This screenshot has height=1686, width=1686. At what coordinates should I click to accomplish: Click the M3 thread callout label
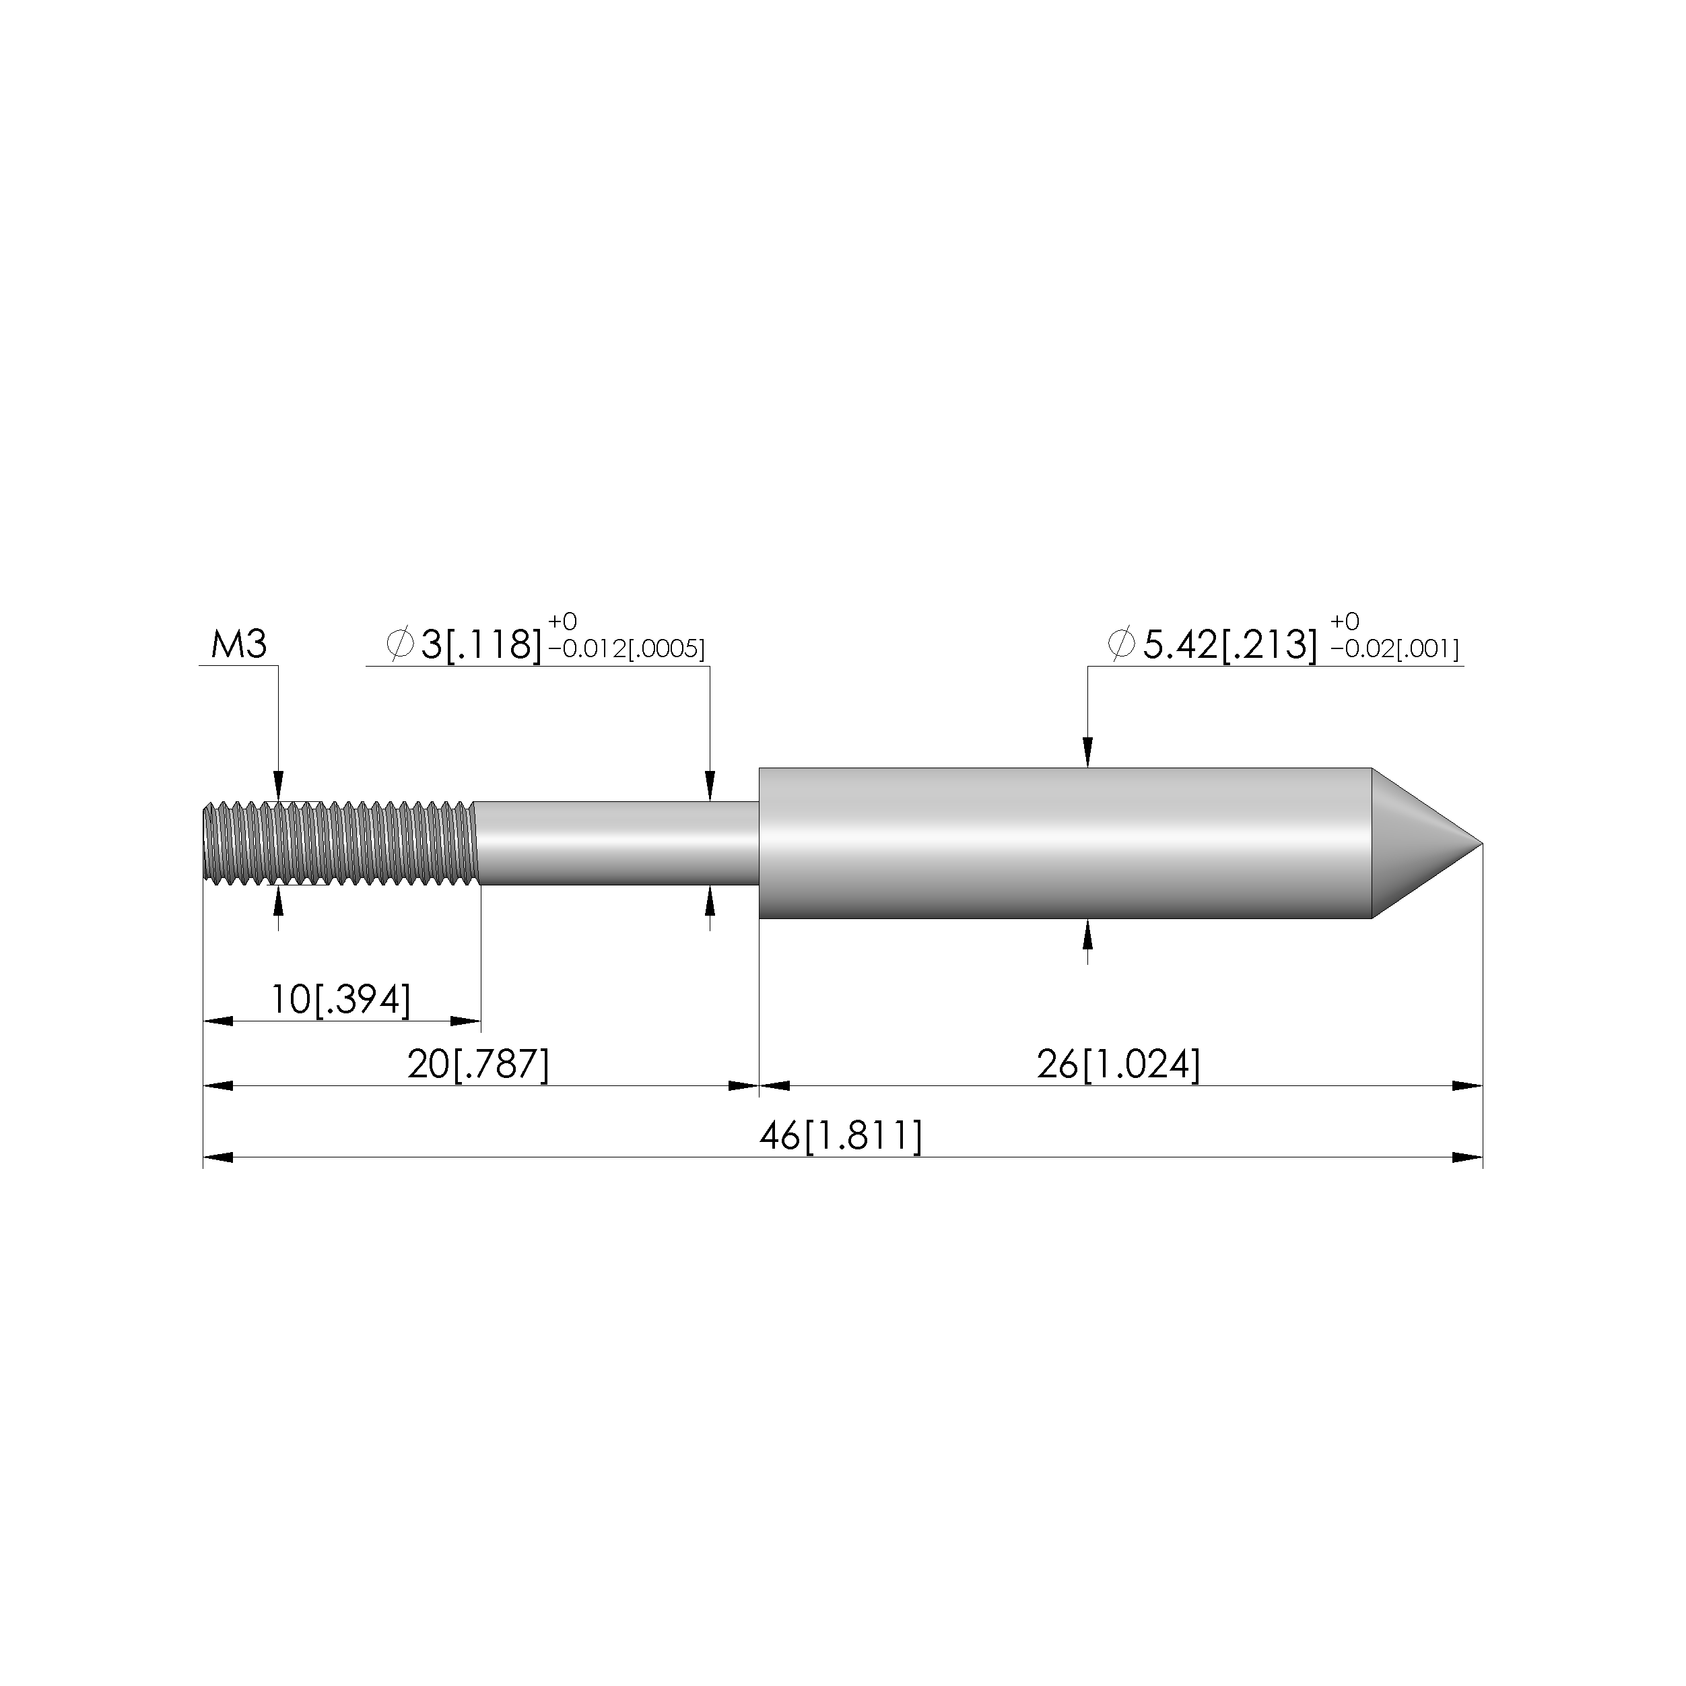point(238,645)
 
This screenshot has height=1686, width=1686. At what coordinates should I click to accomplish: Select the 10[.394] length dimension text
point(340,999)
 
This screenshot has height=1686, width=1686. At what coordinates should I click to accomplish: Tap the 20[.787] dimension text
point(478,1065)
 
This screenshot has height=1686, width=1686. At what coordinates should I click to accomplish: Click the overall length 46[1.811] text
point(840,1136)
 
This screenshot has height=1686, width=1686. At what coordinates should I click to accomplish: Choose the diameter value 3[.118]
point(481,645)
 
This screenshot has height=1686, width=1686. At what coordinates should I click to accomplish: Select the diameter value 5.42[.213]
point(1229,645)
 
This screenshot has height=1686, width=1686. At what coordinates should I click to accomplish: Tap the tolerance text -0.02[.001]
point(1394,649)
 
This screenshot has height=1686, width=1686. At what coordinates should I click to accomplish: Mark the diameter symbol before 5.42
point(1121,644)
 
